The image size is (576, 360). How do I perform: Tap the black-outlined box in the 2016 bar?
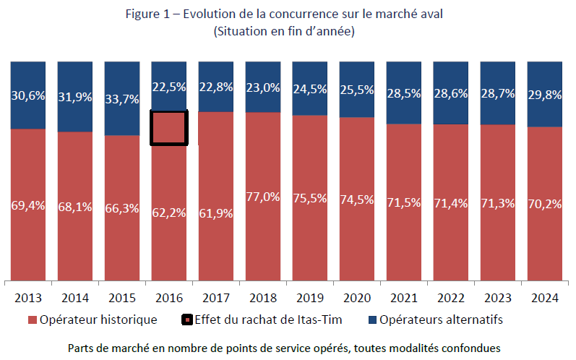click(169, 128)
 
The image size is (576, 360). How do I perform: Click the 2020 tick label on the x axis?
click(357, 297)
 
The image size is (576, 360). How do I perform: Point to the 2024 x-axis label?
click(545, 297)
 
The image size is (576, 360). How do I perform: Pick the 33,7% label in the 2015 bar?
click(122, 100)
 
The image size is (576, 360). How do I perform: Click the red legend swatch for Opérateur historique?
click(32, 320)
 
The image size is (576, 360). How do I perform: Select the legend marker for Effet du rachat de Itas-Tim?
click(186, 320)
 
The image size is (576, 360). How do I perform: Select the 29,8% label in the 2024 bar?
click(545, 95)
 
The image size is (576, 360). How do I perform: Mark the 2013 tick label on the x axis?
click(28, 297)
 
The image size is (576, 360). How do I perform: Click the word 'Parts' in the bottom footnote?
click(82, 348)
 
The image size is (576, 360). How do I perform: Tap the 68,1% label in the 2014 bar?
click(75, 207)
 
